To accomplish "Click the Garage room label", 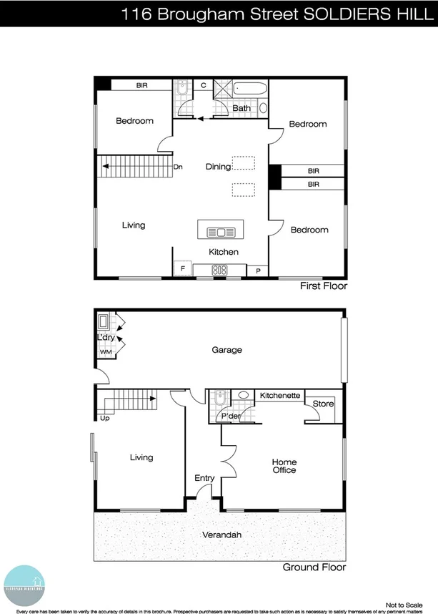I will click(227, 350).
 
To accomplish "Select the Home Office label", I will click(284, 466).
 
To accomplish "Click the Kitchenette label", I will click(280, 395).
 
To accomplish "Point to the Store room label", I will click(324, 404).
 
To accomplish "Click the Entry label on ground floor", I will click(204, 478).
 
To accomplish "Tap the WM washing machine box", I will click(105, 352).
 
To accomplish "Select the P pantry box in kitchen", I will click(257, 271).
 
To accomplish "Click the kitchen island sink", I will click(221, 232).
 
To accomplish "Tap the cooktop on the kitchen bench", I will click(220, 271).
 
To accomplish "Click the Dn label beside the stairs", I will click(178, 167).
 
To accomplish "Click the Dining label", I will click(218, 167).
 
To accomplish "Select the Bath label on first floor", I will click(241, 108).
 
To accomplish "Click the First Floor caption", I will click(324, 286).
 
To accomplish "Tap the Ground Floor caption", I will click(314, 567).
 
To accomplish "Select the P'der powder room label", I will click(230, 416).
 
